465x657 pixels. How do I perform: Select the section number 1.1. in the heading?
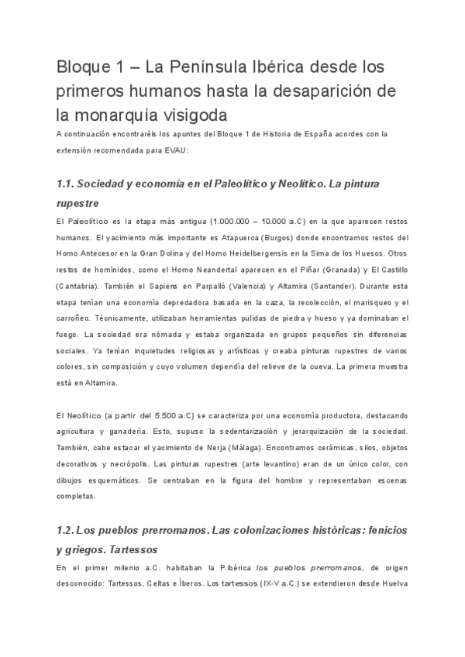[x=72, y=184]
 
